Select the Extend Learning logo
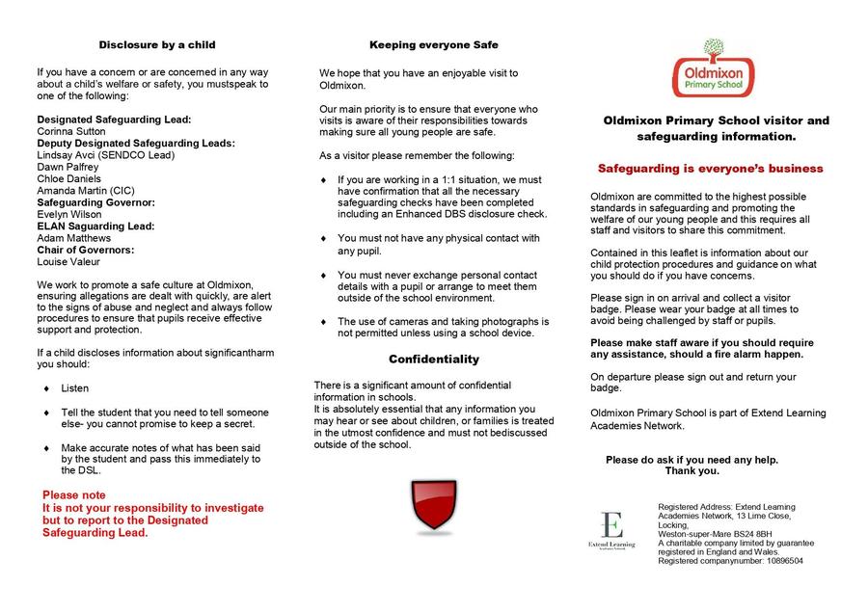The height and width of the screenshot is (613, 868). click(611, 531)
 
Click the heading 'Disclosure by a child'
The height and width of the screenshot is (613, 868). click(157, 44)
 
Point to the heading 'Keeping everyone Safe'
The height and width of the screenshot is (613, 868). click(434, 44)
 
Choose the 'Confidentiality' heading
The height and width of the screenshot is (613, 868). click(434, 360)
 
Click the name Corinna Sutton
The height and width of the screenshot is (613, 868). click(71, 131)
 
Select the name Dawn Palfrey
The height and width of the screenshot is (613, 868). click(68, 167)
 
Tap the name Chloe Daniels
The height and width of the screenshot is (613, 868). click(69, 178)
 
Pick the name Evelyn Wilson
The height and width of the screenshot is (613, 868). click(68, 214)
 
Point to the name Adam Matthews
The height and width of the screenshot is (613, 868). click(73, 238)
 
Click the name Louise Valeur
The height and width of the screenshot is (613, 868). click(68, 261)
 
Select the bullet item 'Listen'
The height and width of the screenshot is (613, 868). click(74, 388)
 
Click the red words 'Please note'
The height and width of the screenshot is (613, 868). click(74, 494)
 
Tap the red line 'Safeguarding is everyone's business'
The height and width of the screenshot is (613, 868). click(710, 169)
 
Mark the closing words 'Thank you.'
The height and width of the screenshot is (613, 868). click(692, 471)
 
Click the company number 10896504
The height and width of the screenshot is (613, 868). click(777, 560)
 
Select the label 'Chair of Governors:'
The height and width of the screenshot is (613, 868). click(86, 250)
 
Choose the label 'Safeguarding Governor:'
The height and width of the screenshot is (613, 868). click(95, 202)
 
